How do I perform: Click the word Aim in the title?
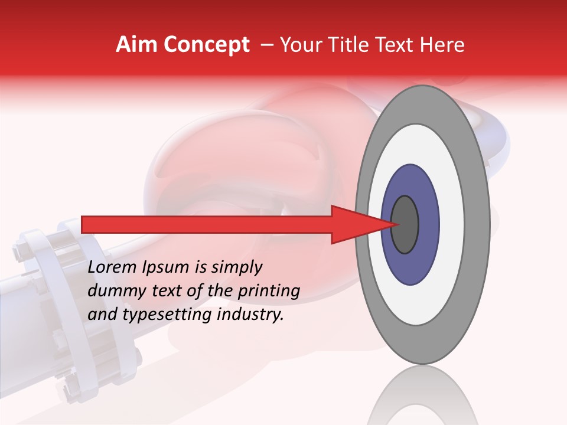point(137,45)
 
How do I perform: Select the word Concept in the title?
point(206,45)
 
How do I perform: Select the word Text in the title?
point(393,45)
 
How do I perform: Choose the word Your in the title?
point(299,45)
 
